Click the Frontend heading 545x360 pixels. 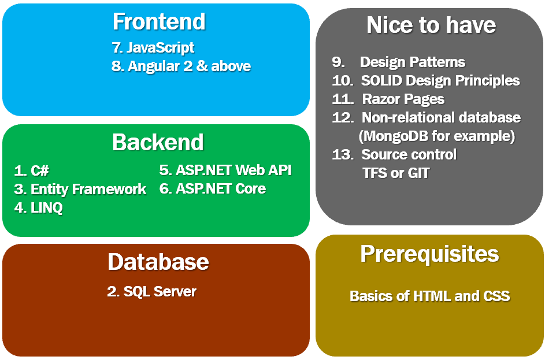tap(159, 22)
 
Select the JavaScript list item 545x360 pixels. tap(153, 47)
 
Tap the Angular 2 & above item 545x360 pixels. tap(181, 66)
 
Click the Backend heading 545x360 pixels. tap(158, 142)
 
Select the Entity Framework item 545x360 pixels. tap(80, 189)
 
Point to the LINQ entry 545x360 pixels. tap(38, 207)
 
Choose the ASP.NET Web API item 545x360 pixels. tap(225, 170)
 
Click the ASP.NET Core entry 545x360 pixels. tap(212, 188)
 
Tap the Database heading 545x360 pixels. tap(158, 262)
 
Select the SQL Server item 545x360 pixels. tap(151, 291)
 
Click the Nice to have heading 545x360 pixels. tap(431, 25)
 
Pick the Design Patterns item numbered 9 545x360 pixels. tap(399, 62)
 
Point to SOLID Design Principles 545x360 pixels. tap(426, 80)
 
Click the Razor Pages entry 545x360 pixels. tap(388, 99)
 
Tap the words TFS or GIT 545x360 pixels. tap(396, 173)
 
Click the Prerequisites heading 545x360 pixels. tap(429, 254)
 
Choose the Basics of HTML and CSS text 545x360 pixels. tap(429, 296)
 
